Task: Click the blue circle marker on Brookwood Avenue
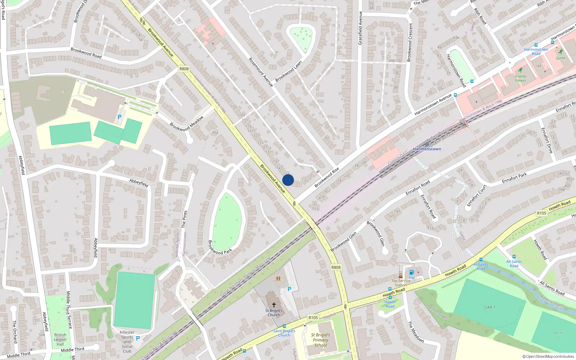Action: pyautogui.click(x=288, y=180)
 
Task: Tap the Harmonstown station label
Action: pyautogui.click(x=427, y=149)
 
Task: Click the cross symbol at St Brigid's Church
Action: pyautogui.click(x=274, y=305)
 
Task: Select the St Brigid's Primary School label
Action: pyautogui.click(x=320, y=340)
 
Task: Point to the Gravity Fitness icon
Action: pyautogui.click(x=520, y=70)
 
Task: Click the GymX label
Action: pyautogui.click(x=561, y=58)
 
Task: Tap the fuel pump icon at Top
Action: pyautogui.click(x=412, y=272)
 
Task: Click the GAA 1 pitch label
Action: pyautogui.click(x=490, y=307)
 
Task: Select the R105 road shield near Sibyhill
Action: pyautogui.click(x=313, y=318)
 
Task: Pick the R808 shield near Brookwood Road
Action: pyautogui.click(x=184, y=69)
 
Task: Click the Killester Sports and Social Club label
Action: pyautogui.click(x=127, y=342)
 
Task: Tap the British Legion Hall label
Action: pyautogui.click(x=60, y=339)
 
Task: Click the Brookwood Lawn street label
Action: pyautogui.click(x=288, y=71)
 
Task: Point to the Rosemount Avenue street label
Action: pyautogui.click(x=261, y=72)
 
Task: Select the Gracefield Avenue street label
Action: pyautogui.click(x=360, y=28)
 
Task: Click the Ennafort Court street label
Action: pyautogui.click(x=477, y=195)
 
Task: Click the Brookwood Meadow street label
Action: pyautogui.click(x=186, y=123)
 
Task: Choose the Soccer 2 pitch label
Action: pyautogui.click(x=558, y=335)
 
